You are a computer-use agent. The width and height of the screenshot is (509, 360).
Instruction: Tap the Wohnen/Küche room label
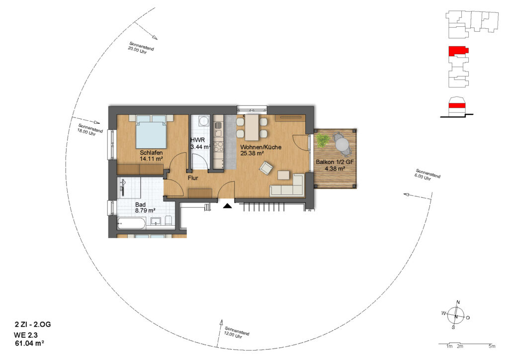pos(260,147)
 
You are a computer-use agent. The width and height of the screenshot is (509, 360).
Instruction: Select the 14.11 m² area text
pos(151,159)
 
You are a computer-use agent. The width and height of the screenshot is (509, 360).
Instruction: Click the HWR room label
pos(197,140)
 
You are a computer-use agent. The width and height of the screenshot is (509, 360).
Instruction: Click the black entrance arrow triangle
pos(227,205)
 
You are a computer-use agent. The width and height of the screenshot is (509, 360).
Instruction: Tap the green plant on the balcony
pos(323,140)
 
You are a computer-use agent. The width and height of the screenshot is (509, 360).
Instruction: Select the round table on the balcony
pos(341,144)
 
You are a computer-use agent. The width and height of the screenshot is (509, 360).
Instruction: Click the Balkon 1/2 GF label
pos(335,162)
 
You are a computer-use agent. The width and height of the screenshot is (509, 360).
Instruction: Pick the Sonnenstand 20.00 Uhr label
pos(140,48)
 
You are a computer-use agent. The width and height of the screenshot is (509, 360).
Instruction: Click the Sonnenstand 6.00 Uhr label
pos(427,175)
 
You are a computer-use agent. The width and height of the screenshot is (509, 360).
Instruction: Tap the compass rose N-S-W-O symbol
pos(456,316)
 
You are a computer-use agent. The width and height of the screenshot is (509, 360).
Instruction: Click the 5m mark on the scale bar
pos(492,346)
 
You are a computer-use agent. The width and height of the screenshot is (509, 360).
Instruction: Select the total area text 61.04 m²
pos(29,343)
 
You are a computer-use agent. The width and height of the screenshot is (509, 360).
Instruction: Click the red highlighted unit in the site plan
pos(458,51)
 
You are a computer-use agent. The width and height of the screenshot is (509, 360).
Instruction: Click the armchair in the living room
pos(266,168)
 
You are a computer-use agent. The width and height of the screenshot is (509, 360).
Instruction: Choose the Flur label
pos(193,178)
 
